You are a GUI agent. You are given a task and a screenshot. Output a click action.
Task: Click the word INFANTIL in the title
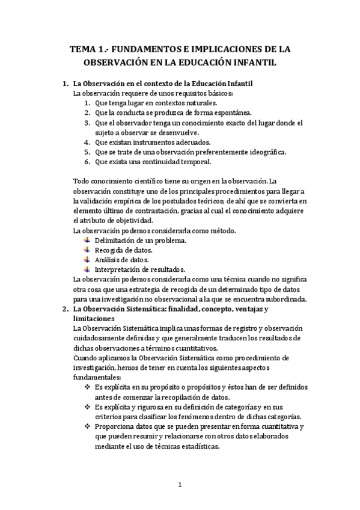(x=258, y=63)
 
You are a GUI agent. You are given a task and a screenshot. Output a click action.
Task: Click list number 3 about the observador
(x=87, y=123)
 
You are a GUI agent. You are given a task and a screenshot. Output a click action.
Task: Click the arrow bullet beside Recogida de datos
(x=87, y=250)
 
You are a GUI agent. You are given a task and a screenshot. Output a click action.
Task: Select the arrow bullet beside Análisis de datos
(x=87, y=259)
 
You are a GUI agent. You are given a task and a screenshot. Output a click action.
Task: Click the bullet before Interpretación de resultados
(x=87, y=269)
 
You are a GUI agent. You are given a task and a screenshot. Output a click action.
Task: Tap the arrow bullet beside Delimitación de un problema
(x=87, y=240)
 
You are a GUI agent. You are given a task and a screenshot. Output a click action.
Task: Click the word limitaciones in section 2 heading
(x=94, y=318)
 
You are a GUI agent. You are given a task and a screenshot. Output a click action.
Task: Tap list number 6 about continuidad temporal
(x=87, y=162)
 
